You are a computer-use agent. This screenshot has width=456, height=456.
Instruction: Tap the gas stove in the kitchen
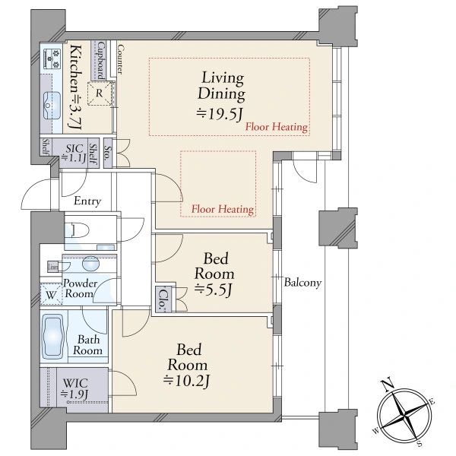[x=52, y=59]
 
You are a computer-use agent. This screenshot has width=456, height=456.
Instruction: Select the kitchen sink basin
[x=52, y=106]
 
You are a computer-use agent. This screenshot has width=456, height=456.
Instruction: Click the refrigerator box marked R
[x=100, y=93]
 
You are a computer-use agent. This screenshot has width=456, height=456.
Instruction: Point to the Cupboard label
[x=101, y=61]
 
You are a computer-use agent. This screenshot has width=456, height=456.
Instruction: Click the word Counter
[x=120, y=59]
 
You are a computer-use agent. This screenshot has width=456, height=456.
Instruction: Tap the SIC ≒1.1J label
[x=74, y=153]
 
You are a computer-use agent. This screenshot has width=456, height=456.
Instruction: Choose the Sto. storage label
[x=107, y=154]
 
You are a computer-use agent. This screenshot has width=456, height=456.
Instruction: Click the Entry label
[x=87, y=201]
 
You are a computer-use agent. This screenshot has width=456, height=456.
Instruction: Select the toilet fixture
[x=78, y=230]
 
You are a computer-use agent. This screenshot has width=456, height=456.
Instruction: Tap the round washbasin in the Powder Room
[x=90, y=264]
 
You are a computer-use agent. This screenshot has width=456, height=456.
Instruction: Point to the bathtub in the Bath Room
[x=53, y=337]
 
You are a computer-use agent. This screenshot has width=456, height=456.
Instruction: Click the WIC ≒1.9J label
[x=74, y=388]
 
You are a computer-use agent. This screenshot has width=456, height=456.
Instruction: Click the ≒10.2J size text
[x=186, y=381]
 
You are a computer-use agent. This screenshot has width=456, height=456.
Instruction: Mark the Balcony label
[x=302, y=283]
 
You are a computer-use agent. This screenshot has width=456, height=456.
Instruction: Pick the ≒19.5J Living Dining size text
[x=220, y=114]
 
